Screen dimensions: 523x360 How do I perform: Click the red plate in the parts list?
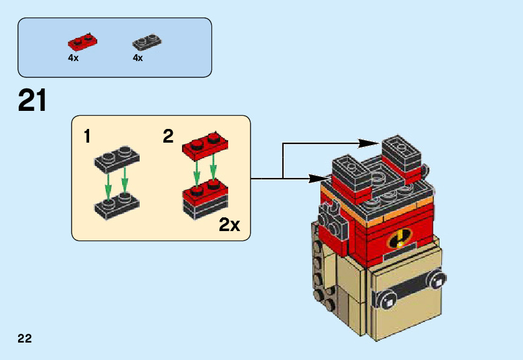pos(83,42)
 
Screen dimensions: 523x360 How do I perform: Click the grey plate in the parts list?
pos(147,42)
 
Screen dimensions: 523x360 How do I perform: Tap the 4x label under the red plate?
pos(74,58)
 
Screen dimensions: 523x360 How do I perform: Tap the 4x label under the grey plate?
pos(138,58)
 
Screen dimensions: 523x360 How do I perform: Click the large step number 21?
pos(32,100)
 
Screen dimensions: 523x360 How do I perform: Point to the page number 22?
pos(25,338)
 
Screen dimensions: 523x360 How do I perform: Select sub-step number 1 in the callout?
pos(87,136)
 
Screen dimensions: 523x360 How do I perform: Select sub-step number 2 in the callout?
pos(168,136)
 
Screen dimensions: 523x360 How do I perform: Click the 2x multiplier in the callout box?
pos(229,225)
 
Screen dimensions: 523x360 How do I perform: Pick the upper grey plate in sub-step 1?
pos(117,159)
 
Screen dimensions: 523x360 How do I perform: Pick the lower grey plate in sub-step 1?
pos(117,206)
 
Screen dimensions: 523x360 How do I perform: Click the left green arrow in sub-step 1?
pos(108,186)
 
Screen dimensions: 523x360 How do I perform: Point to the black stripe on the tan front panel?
pos(411,288)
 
